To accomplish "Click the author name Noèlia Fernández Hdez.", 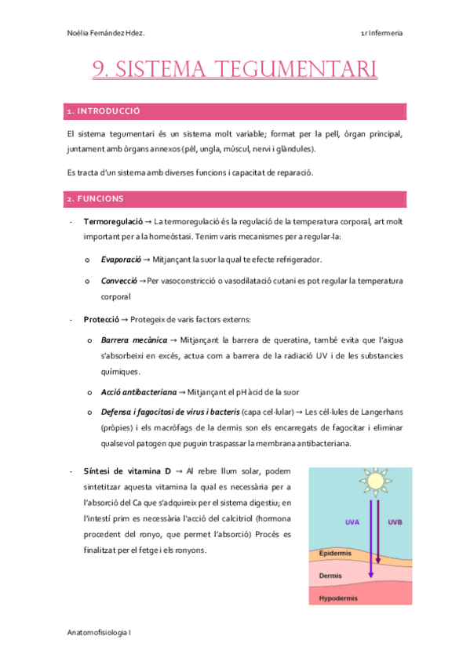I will click(107, 33).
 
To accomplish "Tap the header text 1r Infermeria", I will click(382, 33).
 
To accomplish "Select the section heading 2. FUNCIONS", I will click(95, 199).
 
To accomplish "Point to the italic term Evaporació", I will click(121, 259).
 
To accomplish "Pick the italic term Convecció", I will click(119, 280).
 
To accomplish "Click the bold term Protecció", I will click(101, 319).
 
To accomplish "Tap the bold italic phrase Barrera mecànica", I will click(134, 340).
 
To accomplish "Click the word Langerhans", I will click(380, 412).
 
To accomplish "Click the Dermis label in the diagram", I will click(330, 576).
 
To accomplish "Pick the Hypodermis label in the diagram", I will click(339, 598).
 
